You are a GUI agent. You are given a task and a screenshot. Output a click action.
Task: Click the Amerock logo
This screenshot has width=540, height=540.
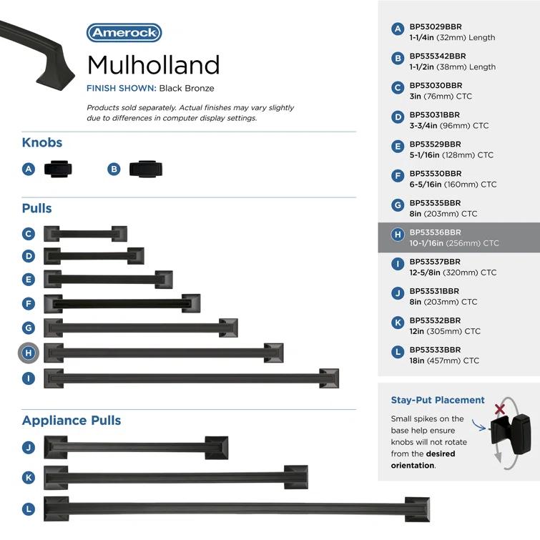124,33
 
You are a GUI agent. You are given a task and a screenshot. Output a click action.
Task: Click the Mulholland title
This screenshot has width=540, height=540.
153,65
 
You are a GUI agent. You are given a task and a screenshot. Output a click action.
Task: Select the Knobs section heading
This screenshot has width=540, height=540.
42,143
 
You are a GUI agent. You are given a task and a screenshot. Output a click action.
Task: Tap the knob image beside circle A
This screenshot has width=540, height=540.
58,170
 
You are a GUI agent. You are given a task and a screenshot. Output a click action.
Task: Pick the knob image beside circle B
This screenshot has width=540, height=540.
145,170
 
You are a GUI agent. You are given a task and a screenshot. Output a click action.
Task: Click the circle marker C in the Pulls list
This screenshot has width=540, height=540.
29,234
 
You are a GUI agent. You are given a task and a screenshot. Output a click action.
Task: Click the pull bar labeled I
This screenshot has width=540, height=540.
191,378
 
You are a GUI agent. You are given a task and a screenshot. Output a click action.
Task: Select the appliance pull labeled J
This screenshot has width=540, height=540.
136,448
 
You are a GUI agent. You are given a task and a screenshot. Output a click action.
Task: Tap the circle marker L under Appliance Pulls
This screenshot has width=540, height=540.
29,509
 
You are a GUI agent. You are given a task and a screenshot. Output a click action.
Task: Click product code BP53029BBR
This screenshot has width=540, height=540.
436,27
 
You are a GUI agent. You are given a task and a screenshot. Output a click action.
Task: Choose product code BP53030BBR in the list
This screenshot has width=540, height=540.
436,86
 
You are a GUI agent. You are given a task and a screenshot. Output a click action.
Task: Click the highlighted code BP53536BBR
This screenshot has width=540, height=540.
436,232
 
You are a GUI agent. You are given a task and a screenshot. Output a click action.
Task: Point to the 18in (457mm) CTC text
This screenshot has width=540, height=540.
444,361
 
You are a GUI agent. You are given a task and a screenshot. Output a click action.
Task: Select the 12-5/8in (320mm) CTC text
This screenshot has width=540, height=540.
453,273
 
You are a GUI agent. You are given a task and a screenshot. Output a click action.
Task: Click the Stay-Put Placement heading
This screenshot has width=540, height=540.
438,401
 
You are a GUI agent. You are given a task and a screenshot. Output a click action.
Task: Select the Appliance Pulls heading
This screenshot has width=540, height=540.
72,421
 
